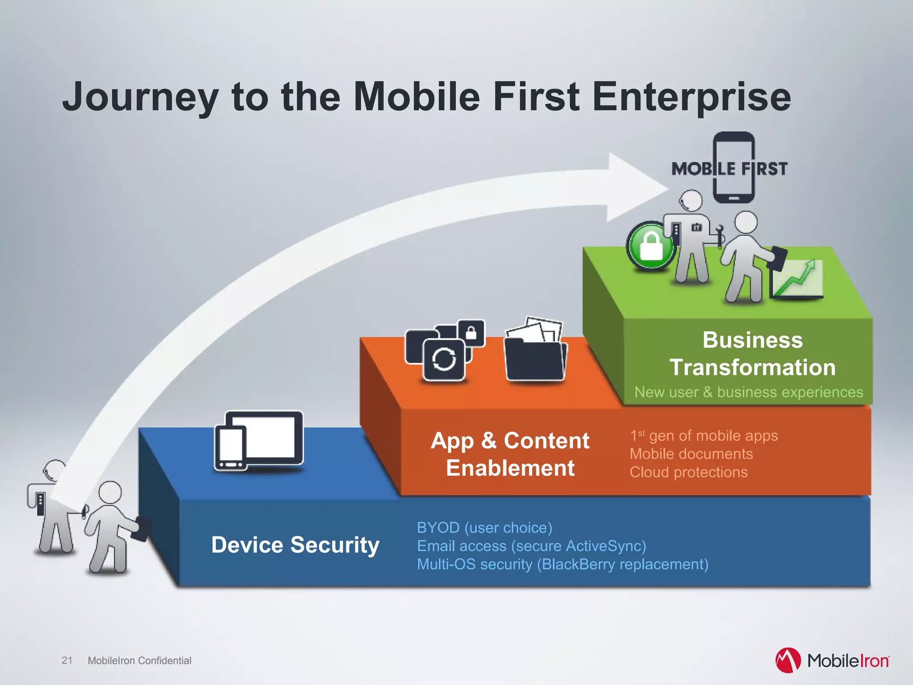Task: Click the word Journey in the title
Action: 140,97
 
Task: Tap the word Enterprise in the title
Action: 691,97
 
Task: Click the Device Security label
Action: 295,545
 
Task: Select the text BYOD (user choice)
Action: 485,528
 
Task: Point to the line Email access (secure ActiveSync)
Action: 531,546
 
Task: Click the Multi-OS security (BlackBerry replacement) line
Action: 563,564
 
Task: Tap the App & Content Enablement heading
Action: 510,454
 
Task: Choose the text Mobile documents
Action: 691,454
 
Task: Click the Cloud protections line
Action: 688,472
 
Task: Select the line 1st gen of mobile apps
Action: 704,436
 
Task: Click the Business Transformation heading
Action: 753,354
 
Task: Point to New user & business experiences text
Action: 749,392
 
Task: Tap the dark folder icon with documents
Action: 535,352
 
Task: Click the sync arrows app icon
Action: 444,359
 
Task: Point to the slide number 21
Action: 67,660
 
